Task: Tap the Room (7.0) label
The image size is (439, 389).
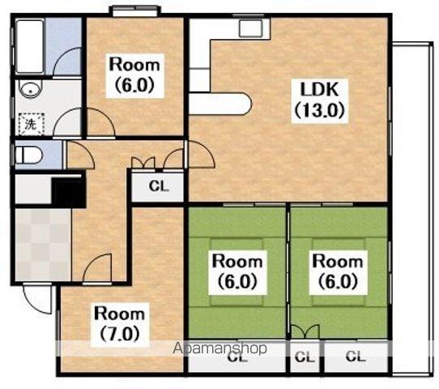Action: pos(120,323)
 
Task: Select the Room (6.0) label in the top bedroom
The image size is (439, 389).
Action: pos(134,75)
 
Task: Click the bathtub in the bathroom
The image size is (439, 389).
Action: pos(30,46)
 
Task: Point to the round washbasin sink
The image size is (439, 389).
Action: pos(30,89)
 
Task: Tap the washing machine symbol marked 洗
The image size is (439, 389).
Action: pos(32,124)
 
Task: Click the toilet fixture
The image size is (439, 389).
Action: pos(28,156)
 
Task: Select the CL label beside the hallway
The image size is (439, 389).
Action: pos(159,186)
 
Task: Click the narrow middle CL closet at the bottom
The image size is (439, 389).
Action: pos(305,357)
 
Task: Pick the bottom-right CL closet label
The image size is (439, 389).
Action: pos(356,357)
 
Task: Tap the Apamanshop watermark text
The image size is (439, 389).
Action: pos(220,348)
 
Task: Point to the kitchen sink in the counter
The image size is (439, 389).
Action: pos(251,28)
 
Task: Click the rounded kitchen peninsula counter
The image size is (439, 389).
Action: pos(220,104)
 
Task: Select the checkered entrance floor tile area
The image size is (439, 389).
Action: pos(43,244)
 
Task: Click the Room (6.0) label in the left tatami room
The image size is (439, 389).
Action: pos(237,271)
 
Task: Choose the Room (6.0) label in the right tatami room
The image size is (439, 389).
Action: pos(338,271)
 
